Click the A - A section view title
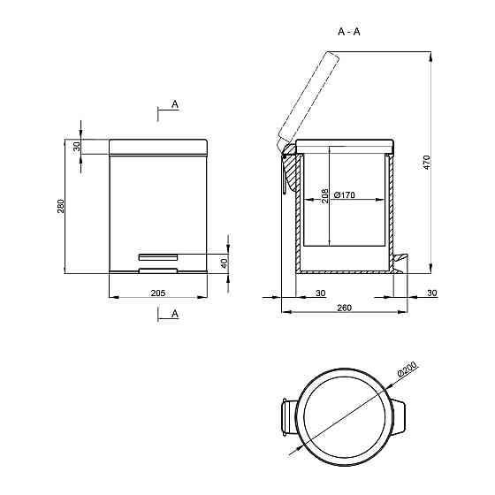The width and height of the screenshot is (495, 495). point(349,32)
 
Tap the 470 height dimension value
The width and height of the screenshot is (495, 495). point(426,163)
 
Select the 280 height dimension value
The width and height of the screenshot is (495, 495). point(61,206)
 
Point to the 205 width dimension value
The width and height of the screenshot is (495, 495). point(158,293)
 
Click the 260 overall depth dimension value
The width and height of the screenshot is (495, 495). point(344,308)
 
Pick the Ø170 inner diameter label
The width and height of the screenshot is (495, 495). point(344,194)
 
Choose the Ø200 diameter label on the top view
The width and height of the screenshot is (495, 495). point(407,369)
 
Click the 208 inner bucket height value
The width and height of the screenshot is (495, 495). point(324,196)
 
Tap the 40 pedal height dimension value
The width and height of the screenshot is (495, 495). point(224,263)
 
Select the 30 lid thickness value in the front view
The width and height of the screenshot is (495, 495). point(77,147)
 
